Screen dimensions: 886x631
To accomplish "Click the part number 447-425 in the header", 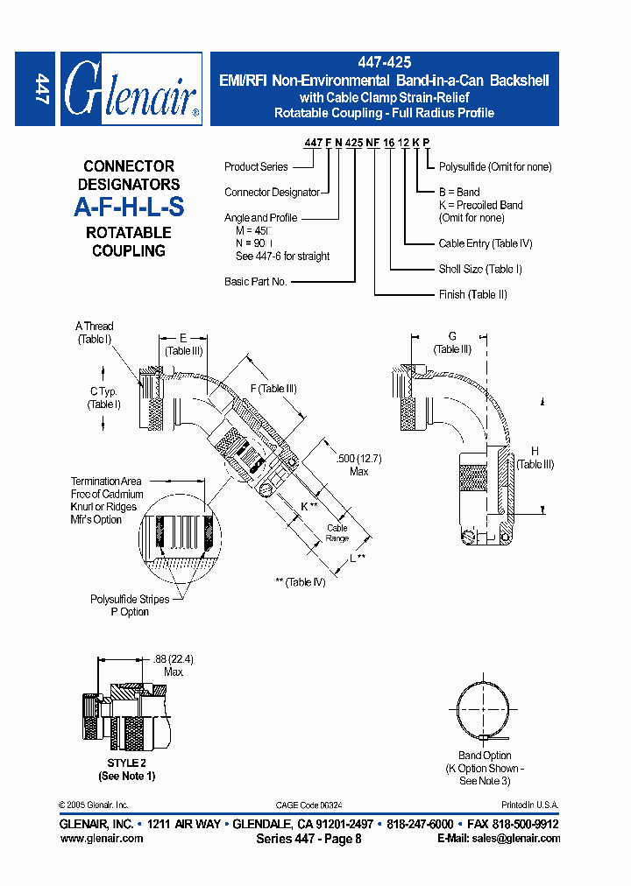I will pyautogui.click(x=384, y=63).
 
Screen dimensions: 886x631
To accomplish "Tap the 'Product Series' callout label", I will pyautogui.click(x=256, y=167).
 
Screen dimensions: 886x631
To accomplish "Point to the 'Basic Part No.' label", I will pyautogui.click(x=256, y=282).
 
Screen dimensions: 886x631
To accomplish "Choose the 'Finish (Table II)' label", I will pyautogui.click(x=472, y=295).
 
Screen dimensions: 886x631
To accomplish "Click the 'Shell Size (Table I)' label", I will pyautogui.click(x=479, y=270).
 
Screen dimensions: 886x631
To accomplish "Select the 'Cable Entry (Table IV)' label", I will pyautogui.click(x=485, y=244).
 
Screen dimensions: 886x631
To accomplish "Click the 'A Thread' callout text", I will pyautogui.click(x=95, y=327).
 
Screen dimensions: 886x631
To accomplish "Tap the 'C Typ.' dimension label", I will pyautogui.click(x=104, y=391).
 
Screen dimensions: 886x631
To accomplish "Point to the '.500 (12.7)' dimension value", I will pyautogui.click(x=358, y=459).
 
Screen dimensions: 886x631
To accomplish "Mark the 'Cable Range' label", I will pyautogui.click(x=337, y=533).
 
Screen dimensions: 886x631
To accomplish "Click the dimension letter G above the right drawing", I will pyautogui.click(x=452, y=336).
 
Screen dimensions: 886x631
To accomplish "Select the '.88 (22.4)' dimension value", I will pyautogui.click(x=174, y=659).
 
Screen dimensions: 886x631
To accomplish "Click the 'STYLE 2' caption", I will pyautogui.click(x=126, y=763).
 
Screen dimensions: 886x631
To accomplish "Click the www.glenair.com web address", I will pyautogui.click(x=101, y=838).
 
